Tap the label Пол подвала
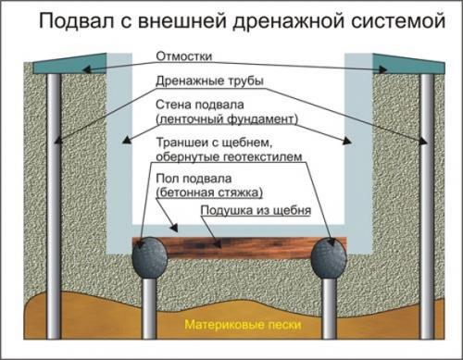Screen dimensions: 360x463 pyautogui.click(x=200, y=176)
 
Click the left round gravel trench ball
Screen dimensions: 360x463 pyautogui.click(x=148, y=257)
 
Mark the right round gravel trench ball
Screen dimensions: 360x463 pyautogui.click(x=330, y=257)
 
